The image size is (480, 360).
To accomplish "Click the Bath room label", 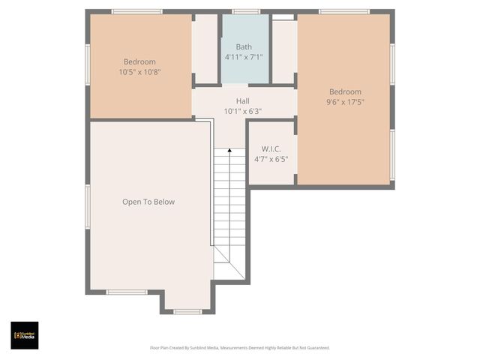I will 244,46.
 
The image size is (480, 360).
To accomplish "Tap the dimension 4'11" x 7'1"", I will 244,57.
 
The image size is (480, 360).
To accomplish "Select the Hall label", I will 242,101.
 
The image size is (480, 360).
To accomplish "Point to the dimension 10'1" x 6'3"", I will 242,112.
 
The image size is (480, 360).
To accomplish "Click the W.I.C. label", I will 271,148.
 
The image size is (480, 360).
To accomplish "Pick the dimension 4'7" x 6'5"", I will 271,159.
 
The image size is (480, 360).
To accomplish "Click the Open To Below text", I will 148,202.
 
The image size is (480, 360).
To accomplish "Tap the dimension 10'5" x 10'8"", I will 139,72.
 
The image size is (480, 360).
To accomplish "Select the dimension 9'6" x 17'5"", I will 345,103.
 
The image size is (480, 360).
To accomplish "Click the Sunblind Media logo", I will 25,335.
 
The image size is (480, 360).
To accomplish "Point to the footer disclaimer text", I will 240,348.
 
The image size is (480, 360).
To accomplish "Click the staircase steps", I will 230,202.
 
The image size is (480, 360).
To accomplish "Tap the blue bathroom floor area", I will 244,71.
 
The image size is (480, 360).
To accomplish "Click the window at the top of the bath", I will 245,12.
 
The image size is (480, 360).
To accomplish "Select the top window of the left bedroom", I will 136,12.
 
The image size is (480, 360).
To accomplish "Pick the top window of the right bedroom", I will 343,12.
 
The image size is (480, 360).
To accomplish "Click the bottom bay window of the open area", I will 187,311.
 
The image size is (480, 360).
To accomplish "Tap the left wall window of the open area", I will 88,206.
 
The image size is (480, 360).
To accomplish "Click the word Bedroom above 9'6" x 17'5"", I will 345,92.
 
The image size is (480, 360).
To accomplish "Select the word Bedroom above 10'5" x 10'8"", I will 139,61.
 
